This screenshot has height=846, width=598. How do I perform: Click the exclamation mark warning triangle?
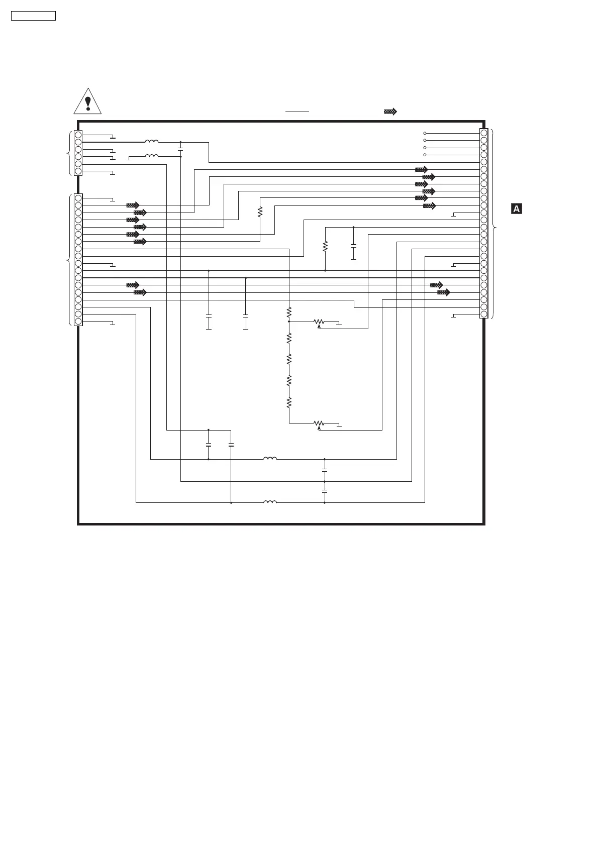tap(87, 101)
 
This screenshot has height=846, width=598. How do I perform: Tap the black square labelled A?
tap(516, 208)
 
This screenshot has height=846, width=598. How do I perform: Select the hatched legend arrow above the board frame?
tap(390, 112)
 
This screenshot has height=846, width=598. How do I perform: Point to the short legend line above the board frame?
tap(297, 112)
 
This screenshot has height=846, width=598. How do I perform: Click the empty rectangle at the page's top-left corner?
tap(33, 16)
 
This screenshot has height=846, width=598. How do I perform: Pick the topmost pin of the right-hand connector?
tap(483, 133)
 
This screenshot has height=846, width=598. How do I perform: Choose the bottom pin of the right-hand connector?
tap(483, 314)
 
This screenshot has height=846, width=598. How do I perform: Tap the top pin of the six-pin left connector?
tap(78, 135)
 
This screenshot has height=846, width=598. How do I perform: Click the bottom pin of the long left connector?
tap(78, 322)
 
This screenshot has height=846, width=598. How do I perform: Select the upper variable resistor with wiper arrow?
tap(319, 322)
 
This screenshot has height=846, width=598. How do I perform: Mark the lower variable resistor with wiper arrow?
tap(319, 424)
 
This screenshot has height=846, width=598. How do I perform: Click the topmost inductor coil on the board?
tap(152, 142)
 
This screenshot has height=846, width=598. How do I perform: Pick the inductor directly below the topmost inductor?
tap(152, 156)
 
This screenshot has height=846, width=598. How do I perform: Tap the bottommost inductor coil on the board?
tap(270, 502)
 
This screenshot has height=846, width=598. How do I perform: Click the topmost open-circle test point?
tap(425, 133)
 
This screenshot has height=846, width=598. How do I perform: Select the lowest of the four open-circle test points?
tap(425, 155)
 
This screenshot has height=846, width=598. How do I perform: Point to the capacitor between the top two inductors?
tap(180, 149)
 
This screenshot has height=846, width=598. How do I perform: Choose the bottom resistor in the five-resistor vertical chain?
tap(289, 402)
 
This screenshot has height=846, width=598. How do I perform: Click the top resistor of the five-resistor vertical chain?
tap(289, 313)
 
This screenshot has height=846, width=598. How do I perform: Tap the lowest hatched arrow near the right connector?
tap(443, 292)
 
